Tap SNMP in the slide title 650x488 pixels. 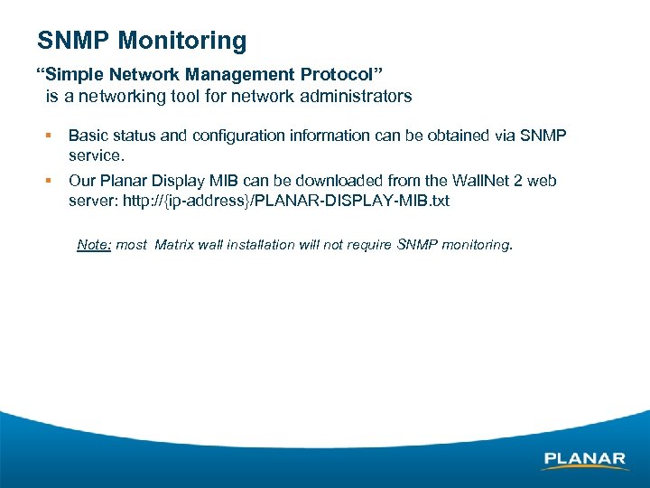[75, 41]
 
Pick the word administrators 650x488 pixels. [360, 96]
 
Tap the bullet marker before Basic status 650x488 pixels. [49, 136]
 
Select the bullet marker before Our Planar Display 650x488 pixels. [49, 181]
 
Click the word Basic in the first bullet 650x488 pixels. [88, 136]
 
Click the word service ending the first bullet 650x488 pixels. [95, 155]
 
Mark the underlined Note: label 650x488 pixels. [94, 244]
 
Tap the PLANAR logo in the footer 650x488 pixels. [585, 459]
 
